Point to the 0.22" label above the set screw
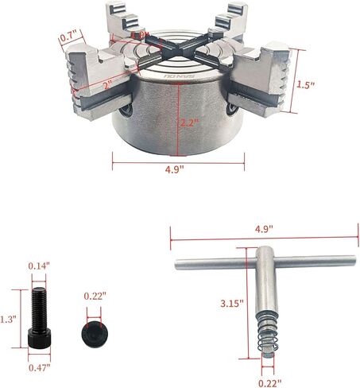point(95,297)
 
